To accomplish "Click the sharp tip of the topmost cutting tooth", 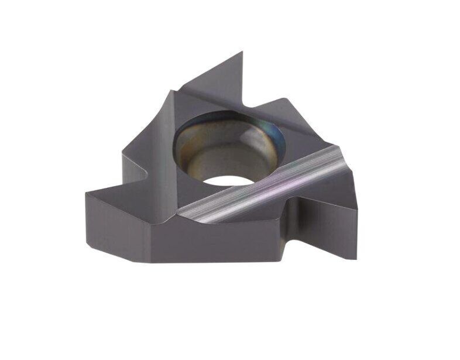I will (241, 53).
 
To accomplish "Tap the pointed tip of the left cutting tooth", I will (86, 194).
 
